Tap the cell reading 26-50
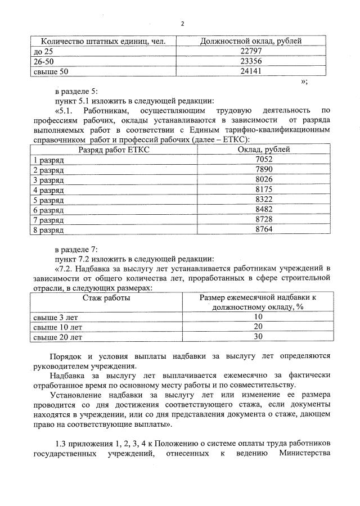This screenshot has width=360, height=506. (44, 61)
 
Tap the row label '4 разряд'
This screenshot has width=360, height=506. (49, 190)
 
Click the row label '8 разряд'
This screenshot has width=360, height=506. (49, 230)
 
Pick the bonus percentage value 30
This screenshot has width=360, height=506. (258, 337)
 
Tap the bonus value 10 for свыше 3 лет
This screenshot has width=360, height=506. (258, 317)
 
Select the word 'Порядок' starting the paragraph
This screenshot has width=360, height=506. (65, 356)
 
